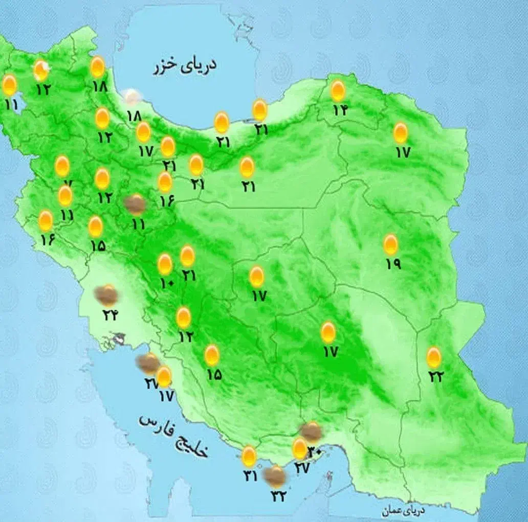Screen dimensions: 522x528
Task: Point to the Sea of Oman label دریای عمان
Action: click(x=403, y=510)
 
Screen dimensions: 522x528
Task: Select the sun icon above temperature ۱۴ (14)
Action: click(x=338, y=91)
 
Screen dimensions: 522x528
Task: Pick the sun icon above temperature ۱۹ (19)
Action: click(x=391, y=245)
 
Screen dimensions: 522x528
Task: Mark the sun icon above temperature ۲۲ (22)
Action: click(x=434, y=357)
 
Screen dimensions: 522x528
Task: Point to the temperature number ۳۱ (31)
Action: click(x=250, y=475)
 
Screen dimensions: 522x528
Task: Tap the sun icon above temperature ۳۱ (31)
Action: click(x=249, y=456)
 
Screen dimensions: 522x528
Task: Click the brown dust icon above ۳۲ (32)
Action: click(x=275, y=477)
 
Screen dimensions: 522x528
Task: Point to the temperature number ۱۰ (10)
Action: click(x=167, y=283)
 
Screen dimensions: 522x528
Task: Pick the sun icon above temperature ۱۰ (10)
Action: click(x=165, y=264)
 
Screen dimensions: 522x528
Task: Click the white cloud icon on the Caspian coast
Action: click(x=133, y=97)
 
